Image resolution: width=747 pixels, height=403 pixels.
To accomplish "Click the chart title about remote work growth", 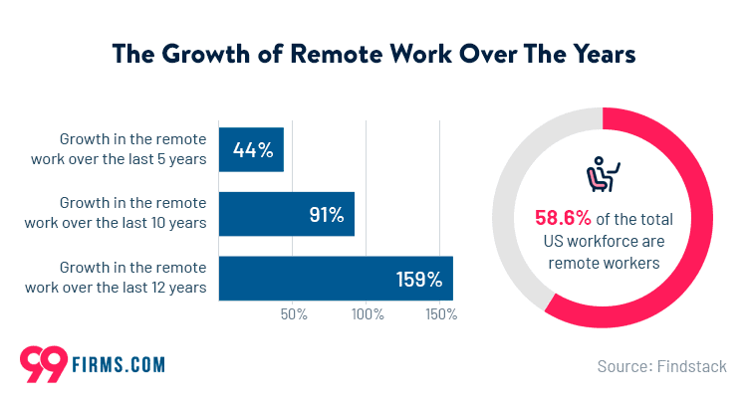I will click(x=373, y=52).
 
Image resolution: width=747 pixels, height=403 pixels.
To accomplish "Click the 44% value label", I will click(x=253, y=149).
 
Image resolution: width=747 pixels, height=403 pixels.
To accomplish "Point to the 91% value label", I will click(x=325, y=214).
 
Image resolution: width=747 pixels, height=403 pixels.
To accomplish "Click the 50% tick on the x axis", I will click(x=294, y=314).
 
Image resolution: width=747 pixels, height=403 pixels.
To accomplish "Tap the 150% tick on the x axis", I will click(x=441, y=314).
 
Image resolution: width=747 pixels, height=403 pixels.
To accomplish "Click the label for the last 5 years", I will click(x=132, y=149).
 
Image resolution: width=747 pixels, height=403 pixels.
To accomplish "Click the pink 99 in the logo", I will click(x=44, y=363).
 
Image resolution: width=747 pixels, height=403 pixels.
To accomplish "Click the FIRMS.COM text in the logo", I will click(x=119, y=365).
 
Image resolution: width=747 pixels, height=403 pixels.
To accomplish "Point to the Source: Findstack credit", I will click(x=661, y=366).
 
